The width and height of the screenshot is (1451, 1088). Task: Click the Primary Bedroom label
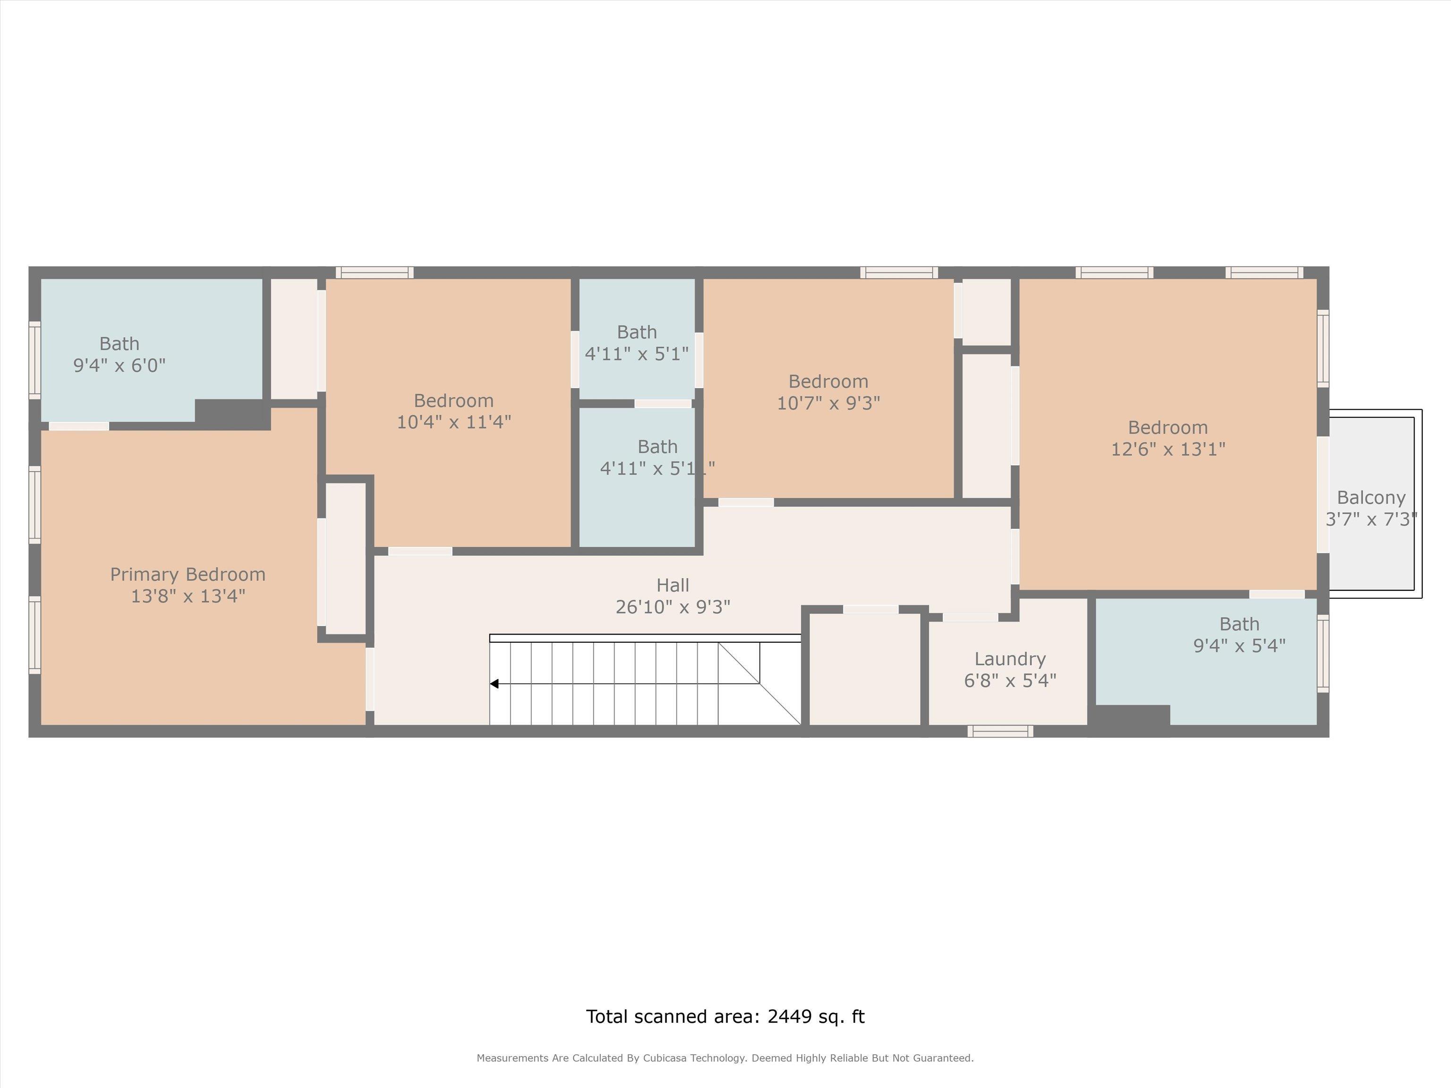(188, 575)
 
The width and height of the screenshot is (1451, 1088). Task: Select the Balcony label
(1371, 498)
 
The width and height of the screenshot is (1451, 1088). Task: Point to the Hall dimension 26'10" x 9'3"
(673, 607)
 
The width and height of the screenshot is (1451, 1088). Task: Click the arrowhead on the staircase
(495, 684)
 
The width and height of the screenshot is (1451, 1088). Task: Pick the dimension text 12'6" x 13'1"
(1168, 449)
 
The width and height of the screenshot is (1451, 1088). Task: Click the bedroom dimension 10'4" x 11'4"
(454, 422)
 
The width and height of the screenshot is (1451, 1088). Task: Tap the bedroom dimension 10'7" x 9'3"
(828, 403)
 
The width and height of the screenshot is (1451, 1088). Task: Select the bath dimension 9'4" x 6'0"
(119, 365)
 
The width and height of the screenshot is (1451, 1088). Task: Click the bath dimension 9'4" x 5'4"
(1239, 646)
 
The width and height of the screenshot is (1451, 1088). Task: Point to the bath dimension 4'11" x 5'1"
(637, 354)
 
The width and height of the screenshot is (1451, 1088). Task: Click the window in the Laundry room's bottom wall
(1000, 731)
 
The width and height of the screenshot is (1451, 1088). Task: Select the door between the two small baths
(663, 404)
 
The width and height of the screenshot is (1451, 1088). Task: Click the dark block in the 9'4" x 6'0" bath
(232, 415)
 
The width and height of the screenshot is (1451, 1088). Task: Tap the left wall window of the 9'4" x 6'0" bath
(35, 360)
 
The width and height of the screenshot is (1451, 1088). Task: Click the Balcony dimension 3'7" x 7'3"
(1372, 520)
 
